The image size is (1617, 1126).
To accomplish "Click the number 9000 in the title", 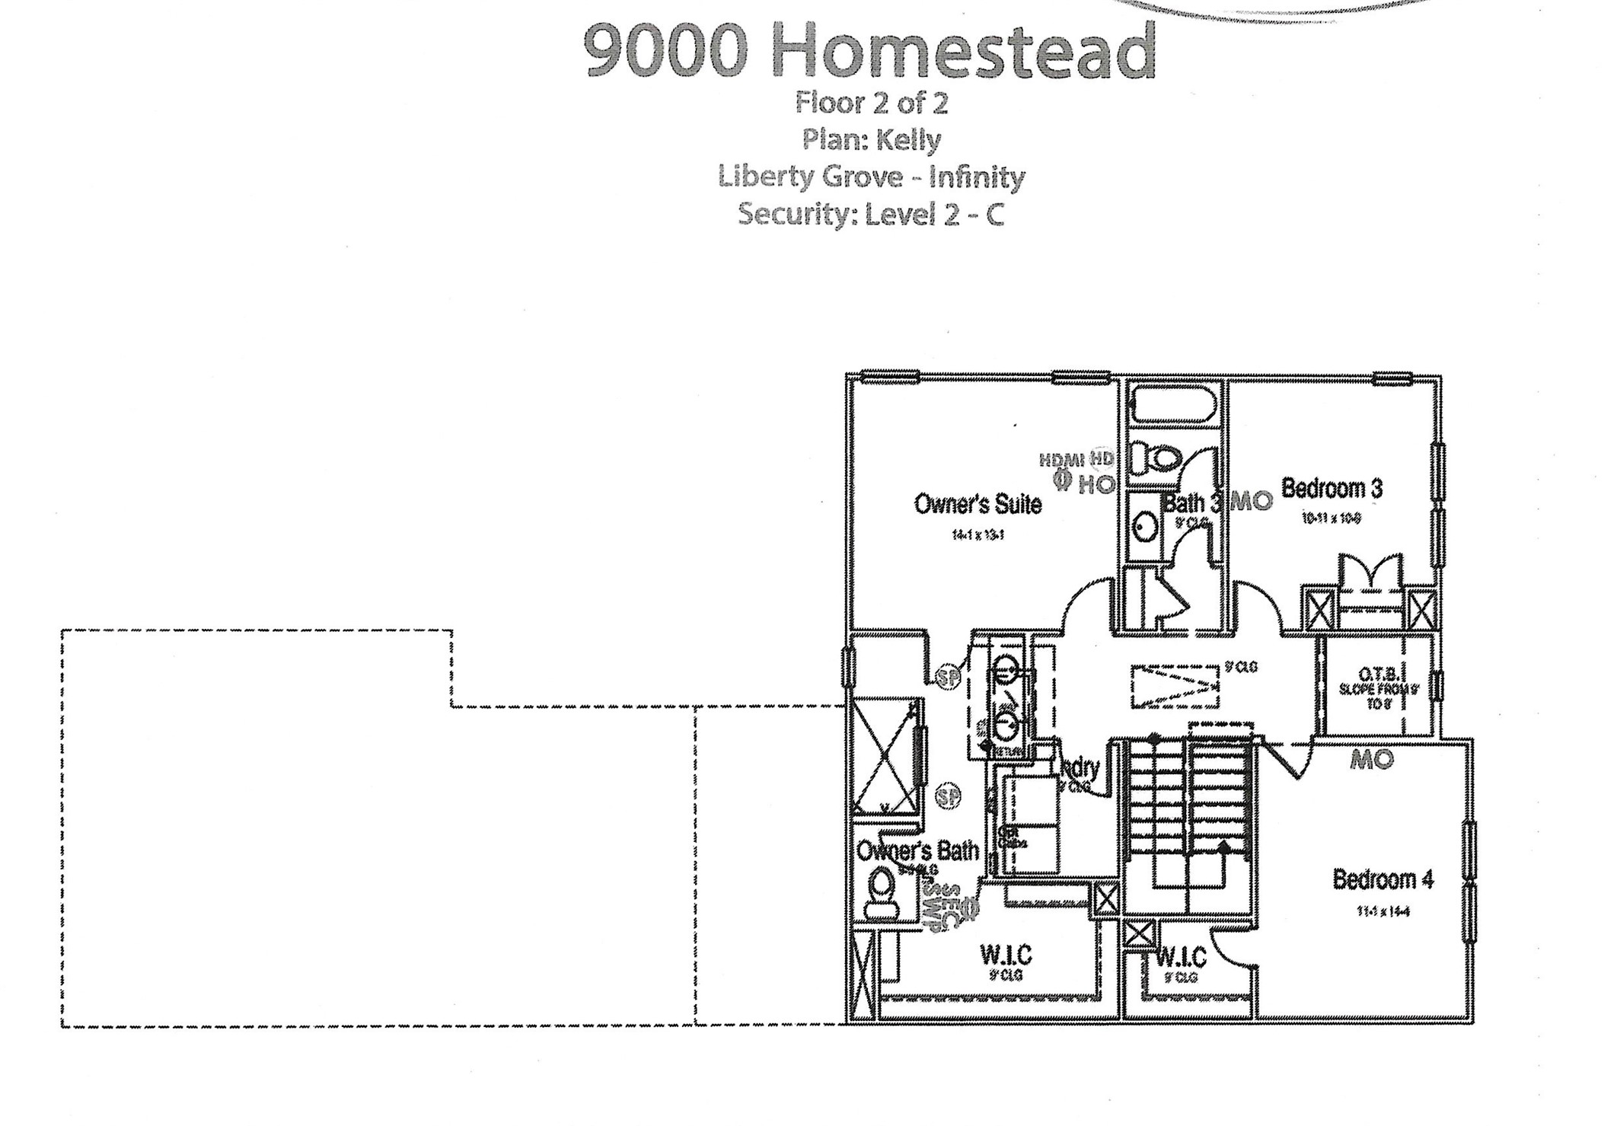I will tap(665, 51).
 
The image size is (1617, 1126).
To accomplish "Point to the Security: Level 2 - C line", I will tap(870, 214).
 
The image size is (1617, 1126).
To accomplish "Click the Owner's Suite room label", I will tap(977, 503).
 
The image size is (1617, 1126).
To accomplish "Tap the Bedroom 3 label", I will tap(1332, 488).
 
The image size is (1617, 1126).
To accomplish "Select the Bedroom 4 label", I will tap(1383, 879).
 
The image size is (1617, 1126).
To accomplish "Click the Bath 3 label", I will tap(1192, 502).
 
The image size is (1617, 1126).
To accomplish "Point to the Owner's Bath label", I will tap(917, 850).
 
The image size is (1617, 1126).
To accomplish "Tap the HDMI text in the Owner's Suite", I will tap(1063, 459).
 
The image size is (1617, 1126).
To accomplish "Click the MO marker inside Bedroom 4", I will tap(1372, 759).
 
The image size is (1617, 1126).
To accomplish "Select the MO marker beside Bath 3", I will tap(1252, 502).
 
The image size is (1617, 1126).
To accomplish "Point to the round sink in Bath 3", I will tap(1144, 526).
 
